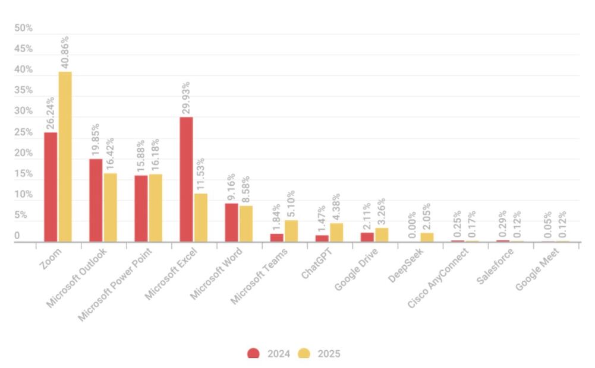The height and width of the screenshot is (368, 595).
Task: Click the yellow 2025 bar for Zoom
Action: point(65,157)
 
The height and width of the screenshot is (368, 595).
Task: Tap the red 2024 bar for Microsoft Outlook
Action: point(96,200)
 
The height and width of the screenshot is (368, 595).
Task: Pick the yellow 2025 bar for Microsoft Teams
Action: point(291,231)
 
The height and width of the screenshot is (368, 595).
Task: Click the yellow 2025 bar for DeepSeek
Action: point(427,237)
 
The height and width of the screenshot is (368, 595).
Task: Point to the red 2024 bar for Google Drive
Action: point(367,237)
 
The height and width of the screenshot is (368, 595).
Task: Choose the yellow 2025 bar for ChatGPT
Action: point(336,233)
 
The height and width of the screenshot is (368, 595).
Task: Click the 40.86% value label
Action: point(65,52)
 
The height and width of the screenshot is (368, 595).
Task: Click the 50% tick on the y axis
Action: point(24,28)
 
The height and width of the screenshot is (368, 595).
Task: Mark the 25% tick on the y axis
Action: point(24,132)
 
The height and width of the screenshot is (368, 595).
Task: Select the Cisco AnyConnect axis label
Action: point(438,278)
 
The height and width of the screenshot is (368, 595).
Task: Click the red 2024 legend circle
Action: point(254,354)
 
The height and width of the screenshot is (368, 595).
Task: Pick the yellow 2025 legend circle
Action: point(304,354)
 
